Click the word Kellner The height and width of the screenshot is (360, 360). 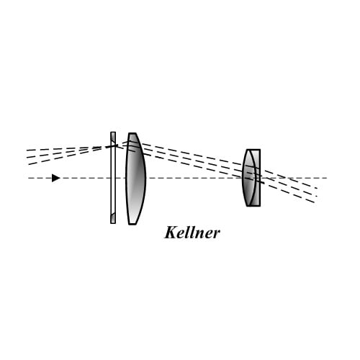192,233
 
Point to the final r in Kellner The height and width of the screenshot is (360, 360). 216,234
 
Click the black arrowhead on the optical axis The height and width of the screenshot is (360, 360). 55,178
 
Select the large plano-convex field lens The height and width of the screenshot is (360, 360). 136,179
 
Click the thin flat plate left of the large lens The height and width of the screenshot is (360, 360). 113,178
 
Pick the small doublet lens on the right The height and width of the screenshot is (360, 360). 251,178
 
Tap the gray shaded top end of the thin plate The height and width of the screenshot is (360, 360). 113,138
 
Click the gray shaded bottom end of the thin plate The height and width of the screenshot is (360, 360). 113,218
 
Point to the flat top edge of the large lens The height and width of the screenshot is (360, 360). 132,133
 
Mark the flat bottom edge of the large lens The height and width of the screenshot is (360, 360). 132,225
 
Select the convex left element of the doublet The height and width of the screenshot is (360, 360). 248,178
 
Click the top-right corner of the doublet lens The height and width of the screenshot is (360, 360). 260,150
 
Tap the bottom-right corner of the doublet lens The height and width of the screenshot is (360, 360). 260,206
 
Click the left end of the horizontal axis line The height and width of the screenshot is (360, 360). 28,178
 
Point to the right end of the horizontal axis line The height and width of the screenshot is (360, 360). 327,178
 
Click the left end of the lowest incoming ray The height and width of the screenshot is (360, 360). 28,164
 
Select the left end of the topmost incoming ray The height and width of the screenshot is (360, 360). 27,150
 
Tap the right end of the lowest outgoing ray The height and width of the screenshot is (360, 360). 315,202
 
